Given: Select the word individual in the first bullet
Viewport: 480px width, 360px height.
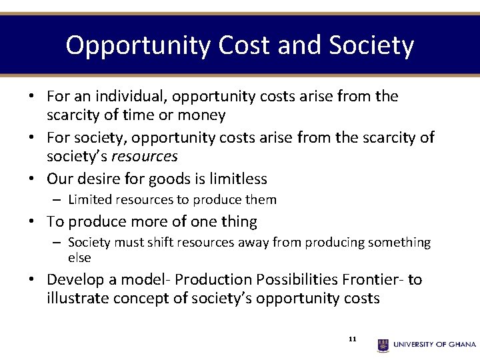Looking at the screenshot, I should (x=127, y=97).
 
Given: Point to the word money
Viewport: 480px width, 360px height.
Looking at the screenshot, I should (x=200, y=115).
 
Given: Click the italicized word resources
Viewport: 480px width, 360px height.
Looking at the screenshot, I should (x=144, y=157).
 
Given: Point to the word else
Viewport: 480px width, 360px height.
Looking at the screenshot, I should (x=79, y=257).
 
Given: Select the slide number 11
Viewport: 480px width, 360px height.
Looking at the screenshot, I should (x=353, y=339).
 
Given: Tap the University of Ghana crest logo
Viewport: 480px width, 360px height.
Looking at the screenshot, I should (x=383, y=345).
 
